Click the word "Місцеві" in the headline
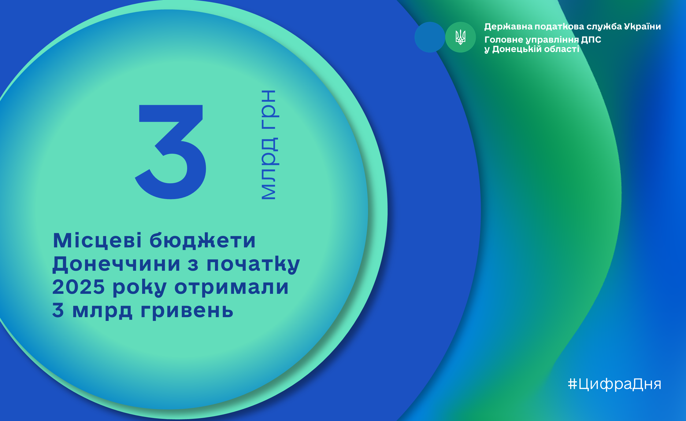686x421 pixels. click(97, 240)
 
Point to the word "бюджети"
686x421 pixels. click(202, 240)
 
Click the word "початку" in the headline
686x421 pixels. click(253, 264)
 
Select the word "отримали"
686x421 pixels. click(231, 288)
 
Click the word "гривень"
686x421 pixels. click(187, 311)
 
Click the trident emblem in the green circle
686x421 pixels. click(461, 37)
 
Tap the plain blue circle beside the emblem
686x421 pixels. click(429, 37)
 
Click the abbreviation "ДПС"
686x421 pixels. click(591, 39)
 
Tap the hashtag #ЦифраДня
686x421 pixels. click(614, 384)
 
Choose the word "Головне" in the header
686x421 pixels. click(504, 39)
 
